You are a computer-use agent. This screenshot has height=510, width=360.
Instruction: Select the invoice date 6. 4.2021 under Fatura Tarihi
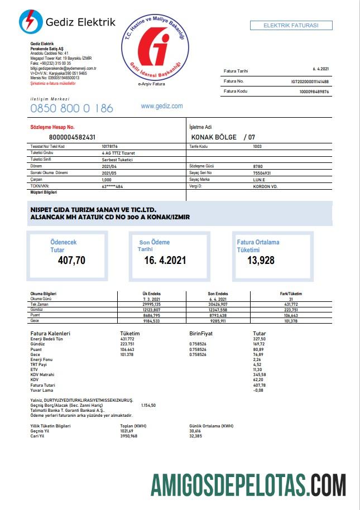coord(321,70)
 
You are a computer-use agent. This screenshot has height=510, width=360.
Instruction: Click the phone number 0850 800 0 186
coord(71,108)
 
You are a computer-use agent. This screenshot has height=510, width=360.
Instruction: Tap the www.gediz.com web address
coord(162,106)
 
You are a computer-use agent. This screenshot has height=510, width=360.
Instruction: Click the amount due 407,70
coord(72,259)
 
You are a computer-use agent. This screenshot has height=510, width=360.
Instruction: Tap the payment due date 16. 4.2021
coord(165,260)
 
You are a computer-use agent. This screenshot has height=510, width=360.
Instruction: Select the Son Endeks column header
coord(218,294)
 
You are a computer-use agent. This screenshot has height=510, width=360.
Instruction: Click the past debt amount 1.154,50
coord(148,405)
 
